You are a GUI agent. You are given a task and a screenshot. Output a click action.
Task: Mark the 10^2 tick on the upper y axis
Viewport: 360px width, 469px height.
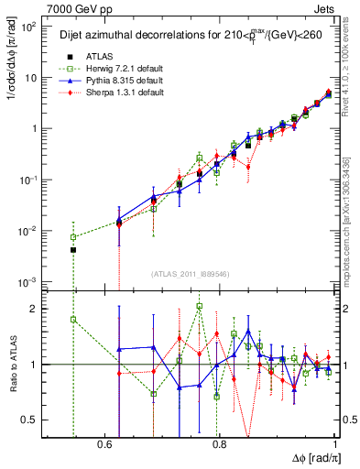pos(30,27)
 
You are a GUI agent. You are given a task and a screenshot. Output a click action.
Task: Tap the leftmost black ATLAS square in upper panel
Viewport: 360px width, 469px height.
pos(73,249)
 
